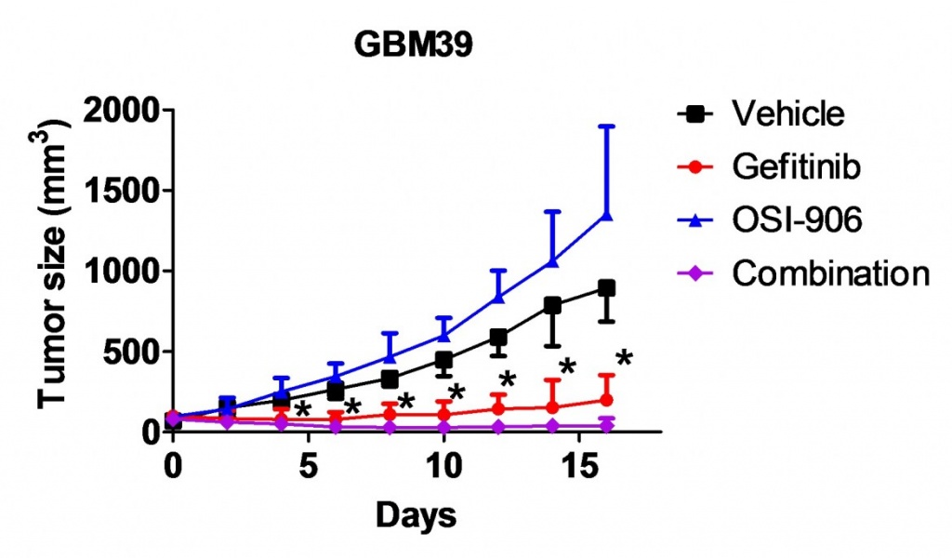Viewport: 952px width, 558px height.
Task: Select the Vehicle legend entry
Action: [x=787, y=114]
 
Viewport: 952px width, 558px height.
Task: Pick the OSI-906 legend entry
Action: [x=797, y=220]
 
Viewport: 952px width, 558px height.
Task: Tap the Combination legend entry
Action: [x=830, y=273]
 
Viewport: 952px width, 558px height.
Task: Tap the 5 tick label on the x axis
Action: [x=308, y=465]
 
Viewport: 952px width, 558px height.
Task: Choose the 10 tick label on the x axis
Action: [x=443, y=465]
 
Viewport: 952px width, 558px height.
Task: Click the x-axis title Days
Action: [x=416, y=513]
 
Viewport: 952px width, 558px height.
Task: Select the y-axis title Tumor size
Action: [x=56, y=270]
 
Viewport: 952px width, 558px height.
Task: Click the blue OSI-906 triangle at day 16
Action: [x=607, y=215]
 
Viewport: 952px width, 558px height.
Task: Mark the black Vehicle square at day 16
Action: [x=607, y=288]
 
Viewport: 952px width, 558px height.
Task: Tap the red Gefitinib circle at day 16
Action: [x=607, y=400]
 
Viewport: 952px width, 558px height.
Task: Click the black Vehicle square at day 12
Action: [x=498, y=338]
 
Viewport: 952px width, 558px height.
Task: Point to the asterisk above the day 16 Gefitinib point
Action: [x=624, y=358]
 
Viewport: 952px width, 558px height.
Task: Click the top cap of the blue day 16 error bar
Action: [x=607, y=126]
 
